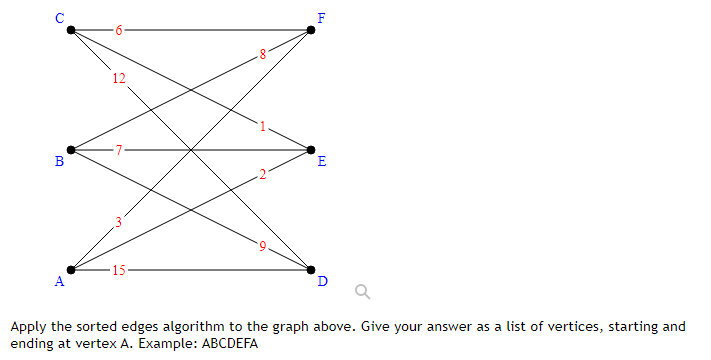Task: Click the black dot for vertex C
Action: tap(70, 30)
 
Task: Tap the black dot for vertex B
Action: tap(70, 150)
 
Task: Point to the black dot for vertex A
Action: tap(70, 270)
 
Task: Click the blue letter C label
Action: tap(60, 18)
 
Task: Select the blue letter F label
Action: tap(320, 18)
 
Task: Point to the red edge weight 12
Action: tap(119, 79)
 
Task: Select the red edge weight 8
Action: tap(262, 54)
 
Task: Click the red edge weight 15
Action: tap(119, 270)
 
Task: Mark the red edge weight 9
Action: tap(262, 246)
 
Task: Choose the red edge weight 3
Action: tap(118, 222)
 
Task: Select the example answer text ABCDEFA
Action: tap(229, 343)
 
